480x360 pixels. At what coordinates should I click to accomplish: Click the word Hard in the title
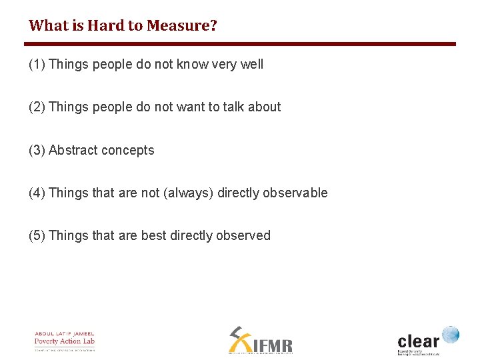click(104, 26)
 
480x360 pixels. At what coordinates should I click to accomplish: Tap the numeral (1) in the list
click(37, 65)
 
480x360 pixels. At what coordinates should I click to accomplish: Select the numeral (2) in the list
click(37, 107)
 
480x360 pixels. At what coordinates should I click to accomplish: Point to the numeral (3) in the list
click(37, 150)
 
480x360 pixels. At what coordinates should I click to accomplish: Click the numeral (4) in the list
click(37, 193)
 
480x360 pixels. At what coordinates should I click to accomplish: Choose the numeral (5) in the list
click(37, 235)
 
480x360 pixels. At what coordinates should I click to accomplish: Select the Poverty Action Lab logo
click(65, 340)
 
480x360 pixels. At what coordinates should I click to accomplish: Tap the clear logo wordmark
click(419, 338)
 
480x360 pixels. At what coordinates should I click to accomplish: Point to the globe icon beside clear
click(451, 333)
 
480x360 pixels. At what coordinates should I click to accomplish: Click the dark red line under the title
click(240, 44)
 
